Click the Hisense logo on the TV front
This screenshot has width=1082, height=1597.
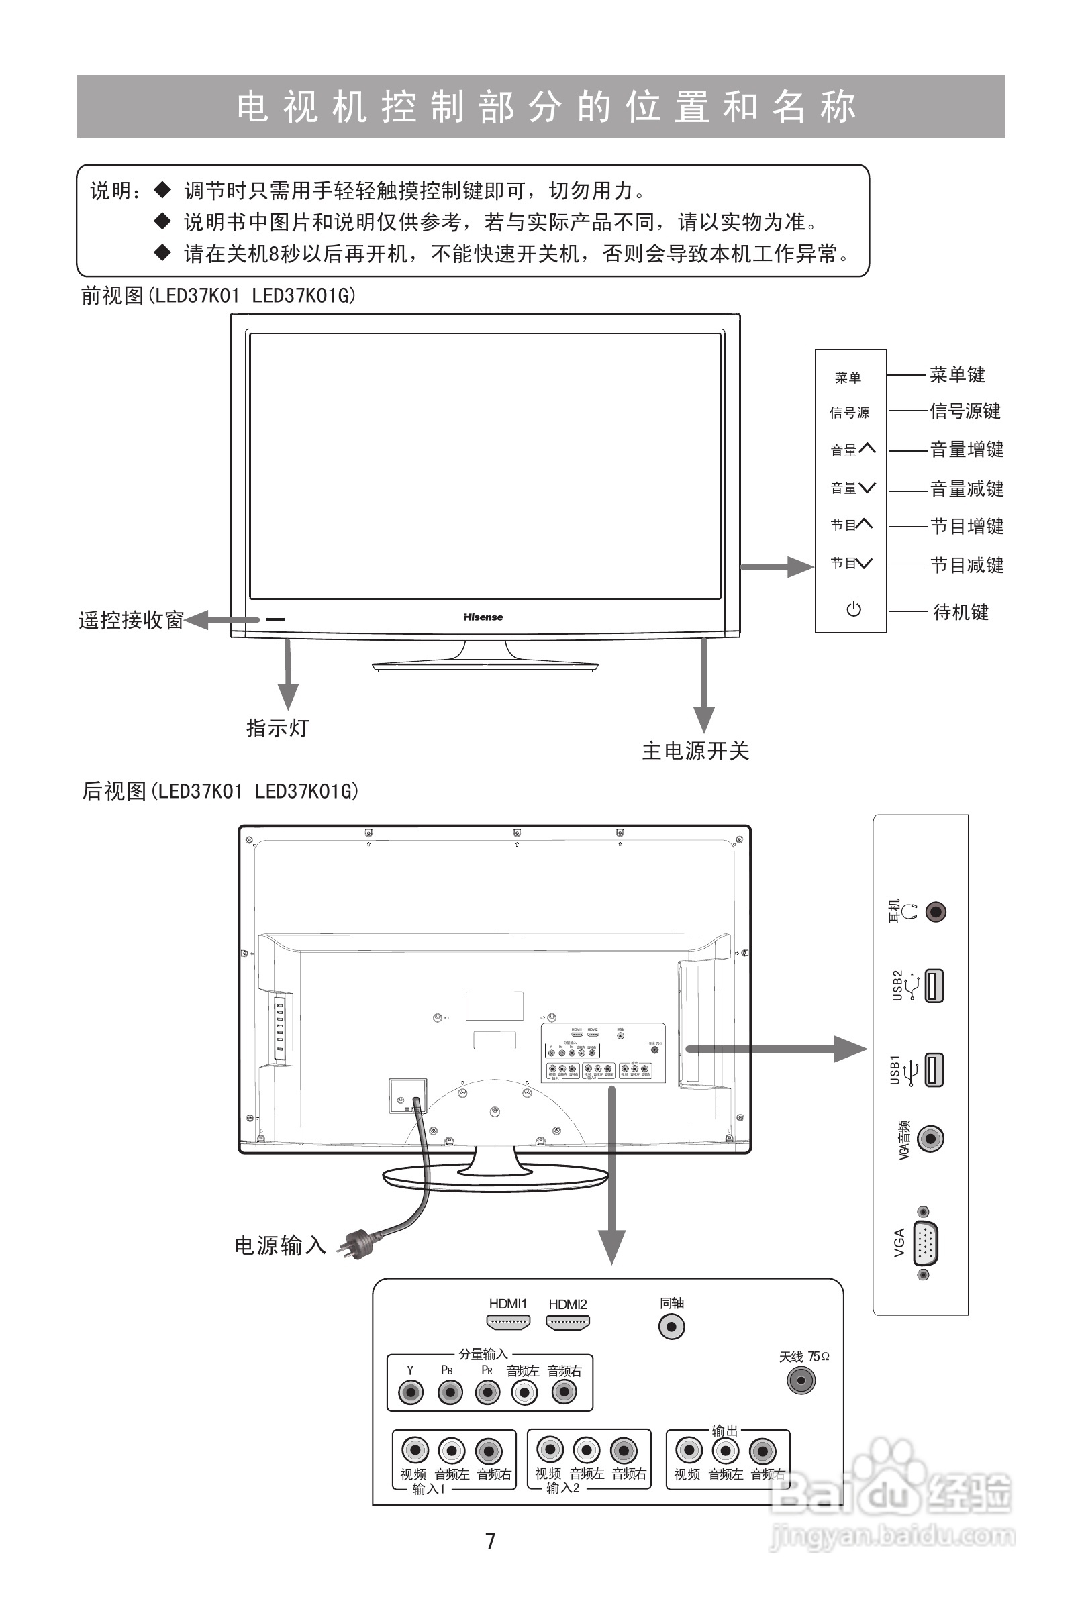point(483,617)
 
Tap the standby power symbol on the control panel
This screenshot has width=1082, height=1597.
point(853,609)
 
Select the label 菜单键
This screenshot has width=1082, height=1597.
point(957,374)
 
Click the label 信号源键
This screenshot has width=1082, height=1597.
point(965,411)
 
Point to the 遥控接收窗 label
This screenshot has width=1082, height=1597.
point(131,620)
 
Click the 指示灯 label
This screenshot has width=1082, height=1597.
point(278,728)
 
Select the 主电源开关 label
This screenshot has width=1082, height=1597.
point(695,750)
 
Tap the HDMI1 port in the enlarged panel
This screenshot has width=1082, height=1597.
point(508,1321)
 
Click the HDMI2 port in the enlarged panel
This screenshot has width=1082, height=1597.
point(567,1321)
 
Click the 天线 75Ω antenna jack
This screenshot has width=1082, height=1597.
point(801,1380)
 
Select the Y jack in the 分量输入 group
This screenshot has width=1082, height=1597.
point(410,1393)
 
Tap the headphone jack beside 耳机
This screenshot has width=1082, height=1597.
point(936,912)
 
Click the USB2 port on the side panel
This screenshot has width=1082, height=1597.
point(934,986)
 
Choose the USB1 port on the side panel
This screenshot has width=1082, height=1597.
point(934,1070)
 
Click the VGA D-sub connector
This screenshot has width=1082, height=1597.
point(925,1243)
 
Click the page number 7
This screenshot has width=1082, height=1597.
point(490,1541)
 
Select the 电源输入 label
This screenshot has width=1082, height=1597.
point(280,1245)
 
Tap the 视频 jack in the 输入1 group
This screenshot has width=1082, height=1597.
point(415,1451)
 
